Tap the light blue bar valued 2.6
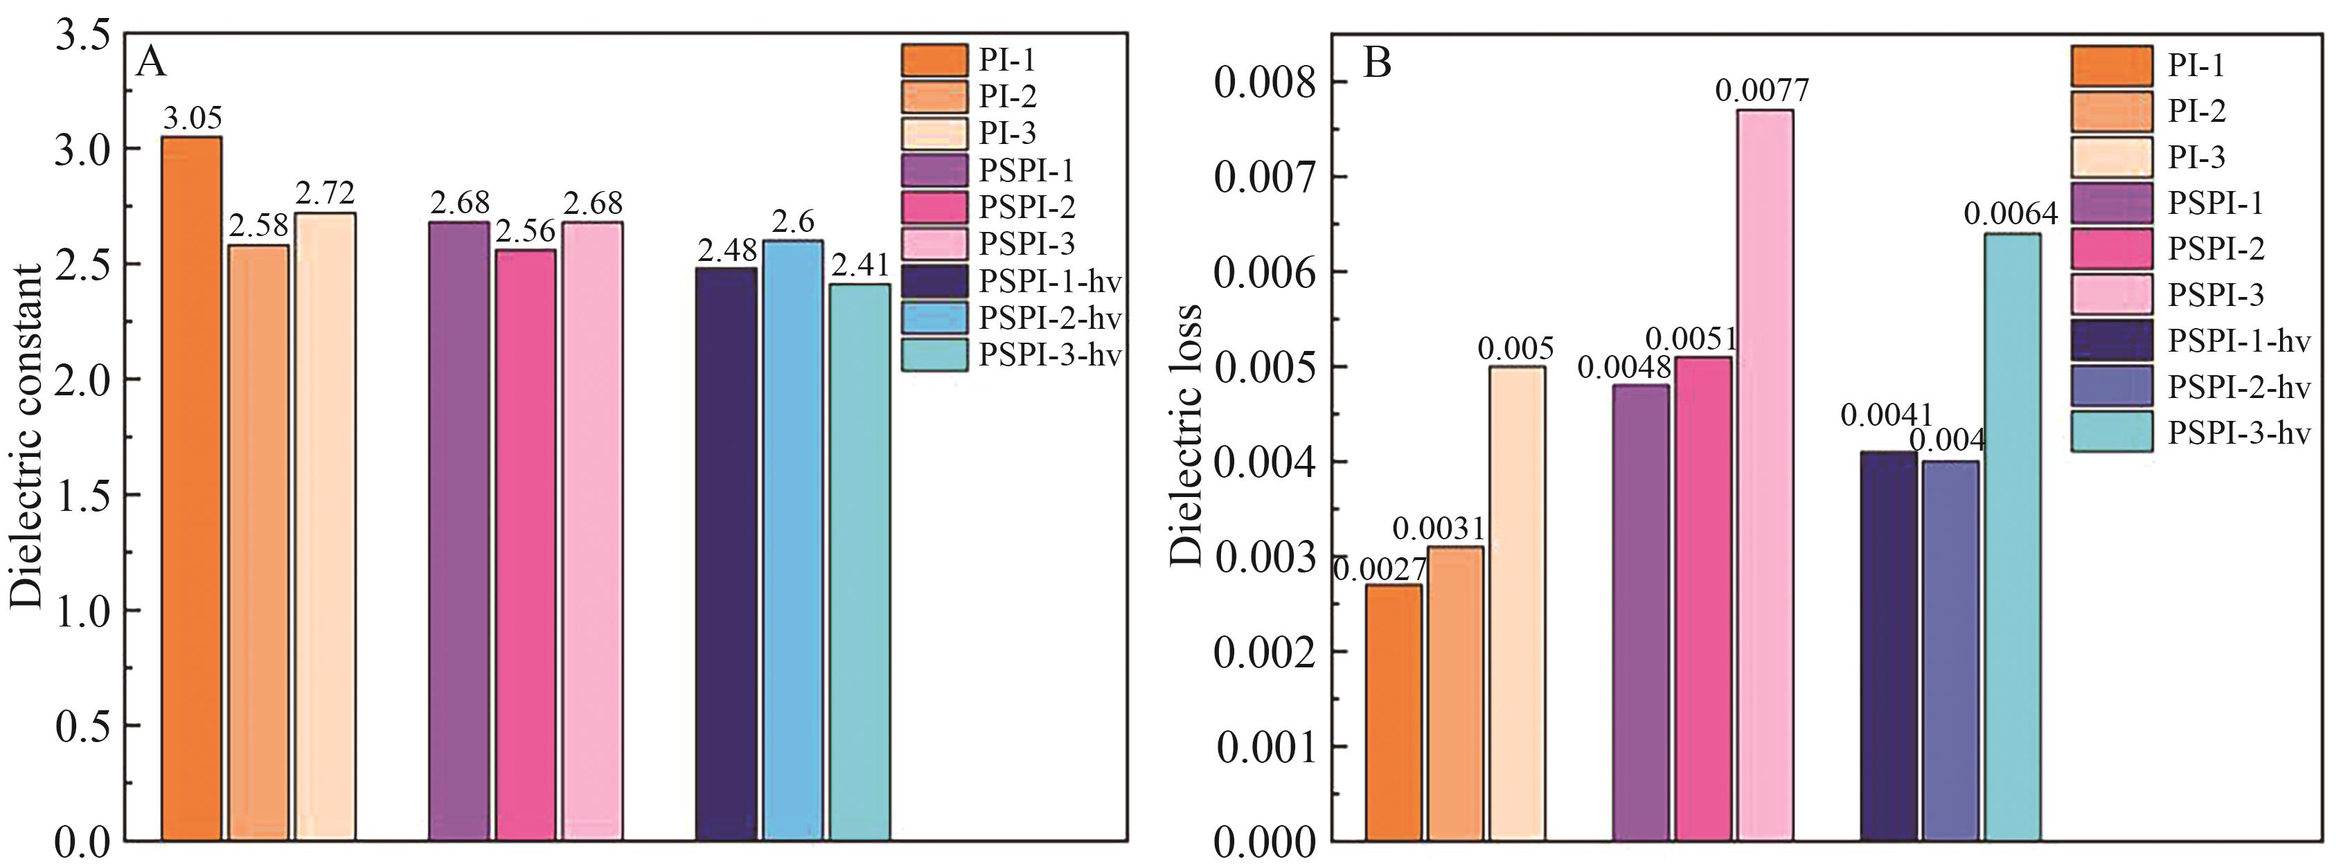pyautogui.click(x=792, y=540)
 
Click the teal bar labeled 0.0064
pyautogui.click(x=2012, y=536)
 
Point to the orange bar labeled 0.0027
pyautogui.click(x=1393, y=712)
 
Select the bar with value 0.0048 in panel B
pyautogui.click(x=1641, y=613)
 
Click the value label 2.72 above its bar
pyautogui.click(x=324, y=192)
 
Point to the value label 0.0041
pyautogui.click(x=1886, y=416)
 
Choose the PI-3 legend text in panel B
pyautogui.click(x=2196, y=157)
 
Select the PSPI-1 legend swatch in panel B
pyautogui.click(x=2113, y=204)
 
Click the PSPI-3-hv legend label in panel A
pyautogui.click(x=1049, y=355)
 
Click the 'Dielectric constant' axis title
pyautogui.click(x=26, y=436)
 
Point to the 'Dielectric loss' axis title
pyautogui.click(x=1186, y=436)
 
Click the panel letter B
pyautogui.click(x=1378, y=64)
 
